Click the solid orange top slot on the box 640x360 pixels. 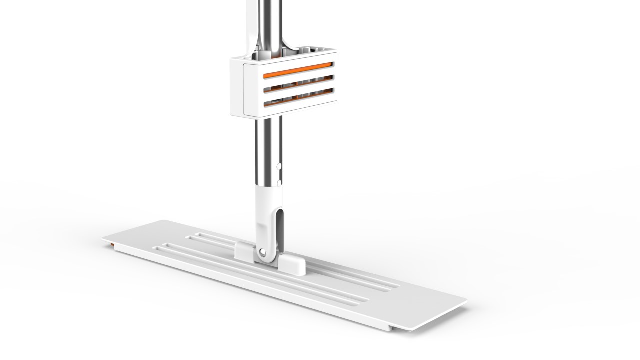click(298, 70)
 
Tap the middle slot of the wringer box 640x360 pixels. click(299, 83)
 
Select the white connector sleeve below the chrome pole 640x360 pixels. click(265, 215)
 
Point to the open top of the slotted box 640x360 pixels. click(280, 54)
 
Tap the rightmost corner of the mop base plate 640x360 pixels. click(466, 302)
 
